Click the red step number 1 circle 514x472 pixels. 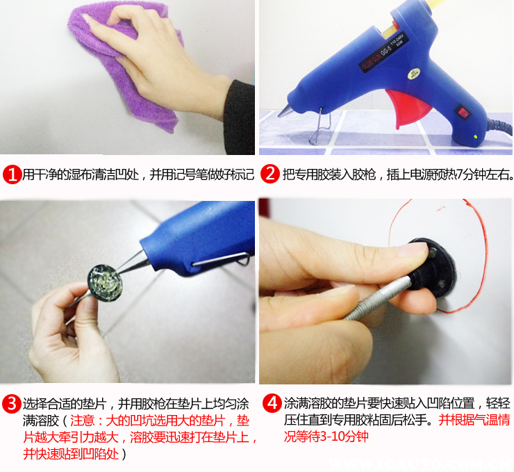[12, 174]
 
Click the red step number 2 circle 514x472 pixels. [270, 174]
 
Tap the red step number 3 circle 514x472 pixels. [12, 403]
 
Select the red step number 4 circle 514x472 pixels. [272, 403]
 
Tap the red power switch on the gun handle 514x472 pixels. [463, 111]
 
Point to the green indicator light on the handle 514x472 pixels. [475, 136]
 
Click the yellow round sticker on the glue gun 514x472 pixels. [414, 74]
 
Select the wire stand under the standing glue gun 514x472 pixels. [320, 127]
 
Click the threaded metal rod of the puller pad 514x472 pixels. [377, 298]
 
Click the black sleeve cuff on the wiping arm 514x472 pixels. [240, 117]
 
